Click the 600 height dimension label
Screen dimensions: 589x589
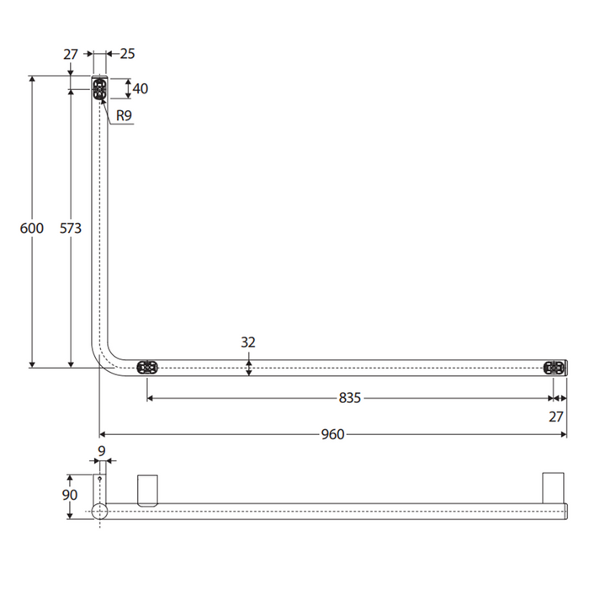32,228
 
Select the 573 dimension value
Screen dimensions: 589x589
72,228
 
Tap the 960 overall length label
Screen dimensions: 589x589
333,434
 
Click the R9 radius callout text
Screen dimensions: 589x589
125,116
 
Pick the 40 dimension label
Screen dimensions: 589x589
141,88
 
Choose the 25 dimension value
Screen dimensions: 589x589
127,54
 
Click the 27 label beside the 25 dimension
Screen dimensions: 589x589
71,54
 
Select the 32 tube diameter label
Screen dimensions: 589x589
248,342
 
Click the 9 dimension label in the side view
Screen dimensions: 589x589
102,451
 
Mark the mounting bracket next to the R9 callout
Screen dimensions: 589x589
100,89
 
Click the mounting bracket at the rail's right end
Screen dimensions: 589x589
554,367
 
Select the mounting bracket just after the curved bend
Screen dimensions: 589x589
147,367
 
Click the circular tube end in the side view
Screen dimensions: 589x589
100,511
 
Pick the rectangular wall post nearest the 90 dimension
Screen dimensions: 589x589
147,489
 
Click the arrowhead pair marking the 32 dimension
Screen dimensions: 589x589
249,367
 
